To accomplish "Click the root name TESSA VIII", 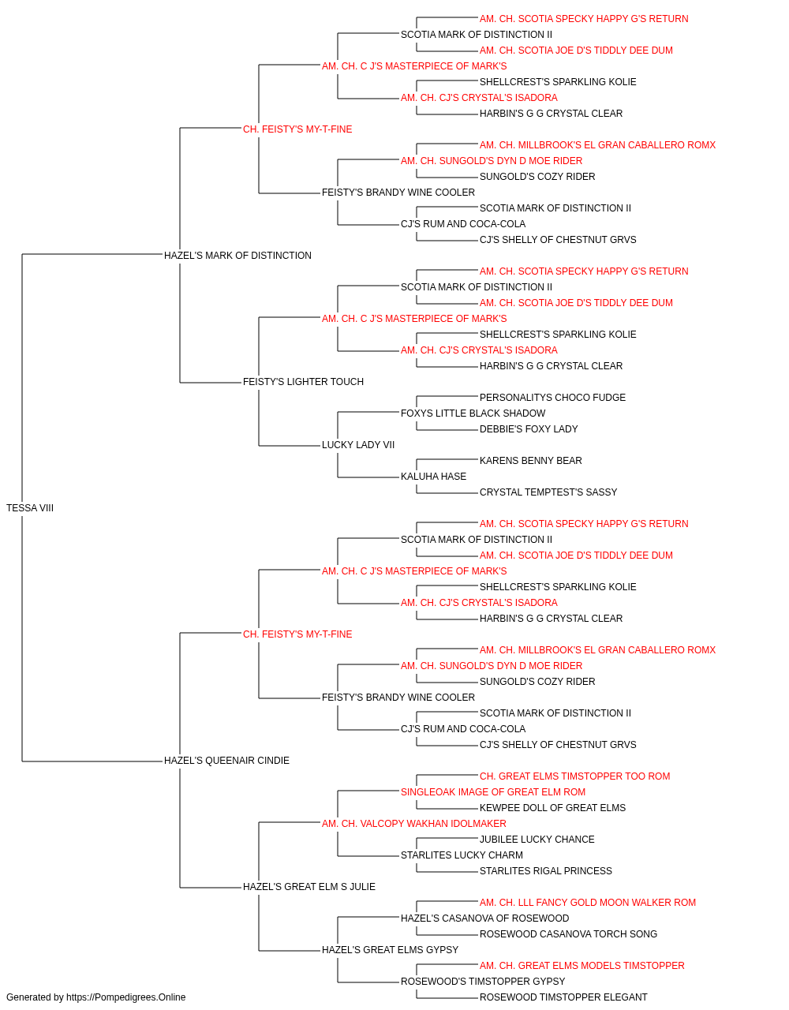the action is (30, 508).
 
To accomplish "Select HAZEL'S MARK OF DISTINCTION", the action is (237, 256).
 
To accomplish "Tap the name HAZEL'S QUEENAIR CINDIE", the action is (226, 761).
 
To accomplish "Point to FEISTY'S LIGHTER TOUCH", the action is (303, 382).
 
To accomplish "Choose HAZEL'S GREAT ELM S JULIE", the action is (309, 887).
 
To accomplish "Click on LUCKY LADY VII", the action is (357, 445).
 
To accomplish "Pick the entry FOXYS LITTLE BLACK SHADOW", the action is (473, 413).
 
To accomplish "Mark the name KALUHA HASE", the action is (433, 477).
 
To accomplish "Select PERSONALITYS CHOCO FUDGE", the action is (552, 398).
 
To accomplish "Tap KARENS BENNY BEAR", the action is (531, 461).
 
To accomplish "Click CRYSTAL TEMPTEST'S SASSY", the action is (548, 492).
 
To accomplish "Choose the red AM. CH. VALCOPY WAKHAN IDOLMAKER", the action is (413, 824).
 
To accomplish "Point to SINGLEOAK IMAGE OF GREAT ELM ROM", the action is (492, 792).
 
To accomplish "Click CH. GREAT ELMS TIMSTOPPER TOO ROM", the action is (574, 776).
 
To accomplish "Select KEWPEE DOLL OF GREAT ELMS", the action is (552, 808).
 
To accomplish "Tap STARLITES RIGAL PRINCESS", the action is (545, 871).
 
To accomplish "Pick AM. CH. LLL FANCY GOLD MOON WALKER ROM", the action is (587, 903).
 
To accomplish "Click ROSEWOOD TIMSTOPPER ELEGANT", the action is (563, 997).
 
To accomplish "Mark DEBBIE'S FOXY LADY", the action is (529, 429).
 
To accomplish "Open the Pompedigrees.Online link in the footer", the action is (125, 997).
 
